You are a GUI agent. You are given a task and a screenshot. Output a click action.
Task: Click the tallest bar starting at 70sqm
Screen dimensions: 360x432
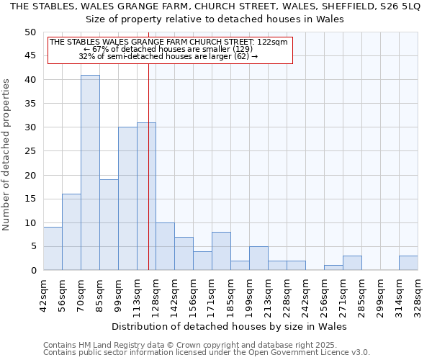click(x=90, y=173)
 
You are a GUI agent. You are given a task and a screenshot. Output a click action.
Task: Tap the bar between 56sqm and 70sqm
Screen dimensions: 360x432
click(x=71, y=232)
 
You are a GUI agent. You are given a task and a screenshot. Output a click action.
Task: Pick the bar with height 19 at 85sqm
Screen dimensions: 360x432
click(x=109, y=225)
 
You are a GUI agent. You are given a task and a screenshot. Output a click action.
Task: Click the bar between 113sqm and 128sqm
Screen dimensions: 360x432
click(x=146, y=197)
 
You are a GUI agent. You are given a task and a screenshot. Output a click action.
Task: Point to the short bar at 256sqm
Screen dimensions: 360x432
click(x=333, y=268)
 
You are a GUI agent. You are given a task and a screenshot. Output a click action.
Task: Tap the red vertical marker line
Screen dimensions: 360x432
click(x=148, y=180)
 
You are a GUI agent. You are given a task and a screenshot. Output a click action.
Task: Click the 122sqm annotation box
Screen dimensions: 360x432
click(x=170, y=50)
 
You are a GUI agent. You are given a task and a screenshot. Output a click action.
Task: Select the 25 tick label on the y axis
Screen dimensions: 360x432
click(x=30, y=151)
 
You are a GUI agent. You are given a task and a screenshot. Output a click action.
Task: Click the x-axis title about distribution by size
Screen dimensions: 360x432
click(x=230, y=326)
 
